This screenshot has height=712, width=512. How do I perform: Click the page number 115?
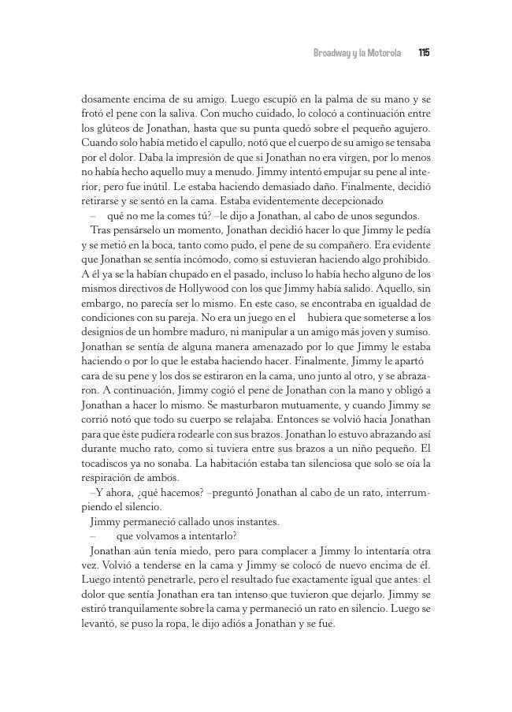(424, 53)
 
